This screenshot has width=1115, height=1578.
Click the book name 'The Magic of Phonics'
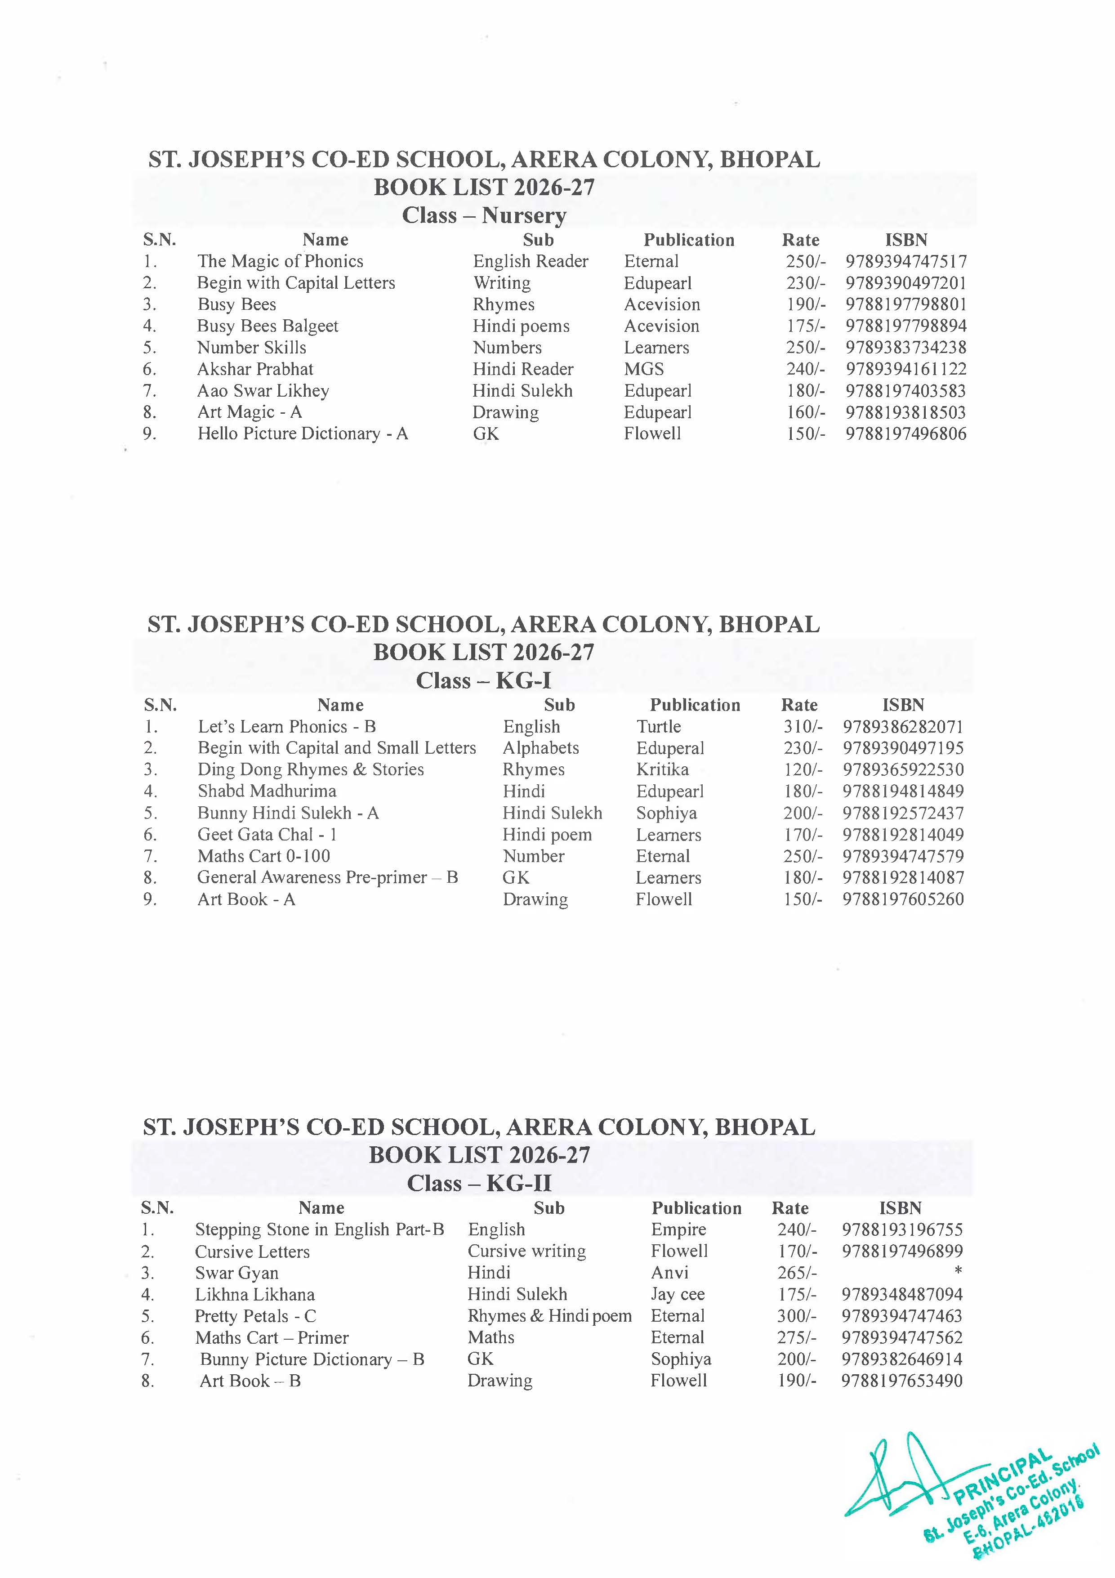[280, 261]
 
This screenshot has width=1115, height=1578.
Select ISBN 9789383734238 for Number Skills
[905, 348]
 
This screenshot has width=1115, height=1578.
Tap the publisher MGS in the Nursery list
[644, 369]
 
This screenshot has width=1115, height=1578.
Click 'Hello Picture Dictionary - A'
[302, 434]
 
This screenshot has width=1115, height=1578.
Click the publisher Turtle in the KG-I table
[658, 726]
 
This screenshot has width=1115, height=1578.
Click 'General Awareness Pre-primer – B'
[327, 878]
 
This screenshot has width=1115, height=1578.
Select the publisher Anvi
[669, 1273]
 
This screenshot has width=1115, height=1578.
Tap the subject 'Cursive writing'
[526, 1251]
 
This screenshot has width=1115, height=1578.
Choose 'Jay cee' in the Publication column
[678, 1294]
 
